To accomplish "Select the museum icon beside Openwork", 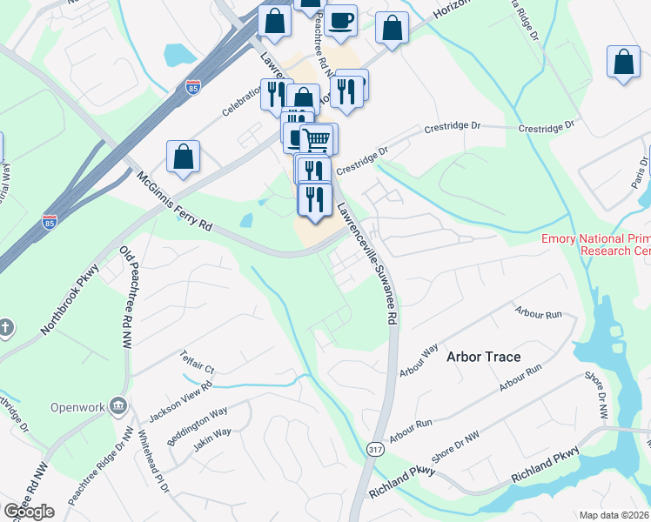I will (119, 405).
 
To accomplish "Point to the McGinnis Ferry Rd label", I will (174, 200).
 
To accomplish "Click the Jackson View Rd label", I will (181, 398).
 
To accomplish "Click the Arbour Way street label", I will (419, 361).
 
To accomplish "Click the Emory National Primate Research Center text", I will (595, 244).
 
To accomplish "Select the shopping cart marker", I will (317, 139).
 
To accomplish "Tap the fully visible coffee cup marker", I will (341, 21).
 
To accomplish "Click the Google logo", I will (29, 511).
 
